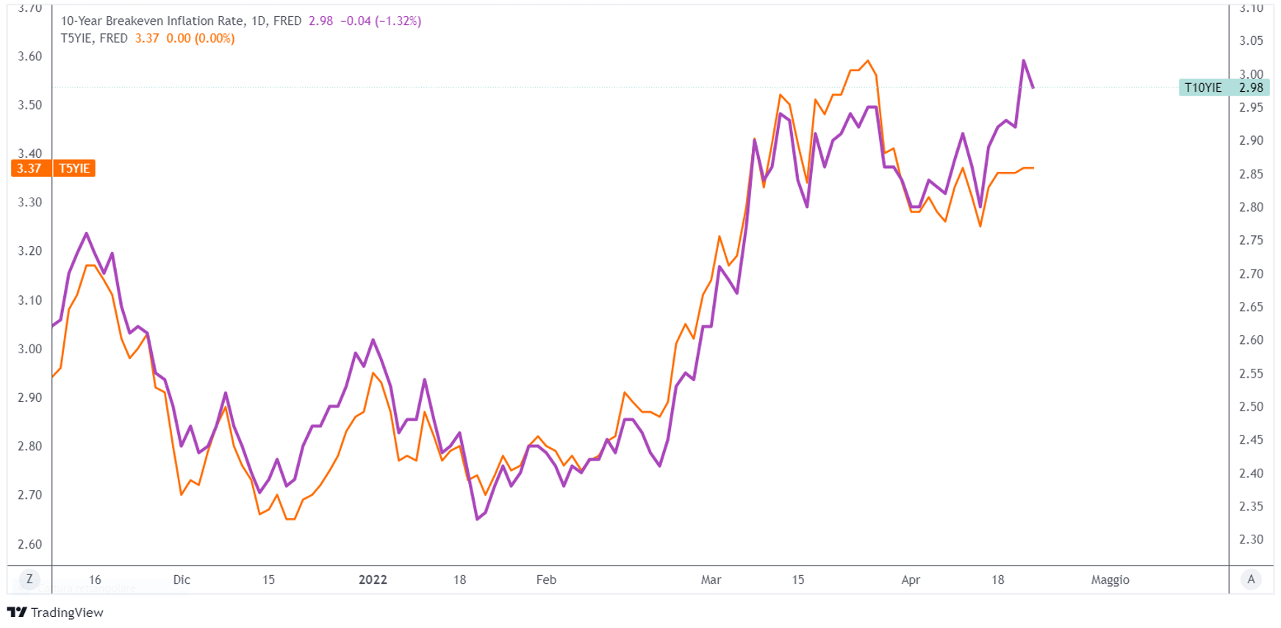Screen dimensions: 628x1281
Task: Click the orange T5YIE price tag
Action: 54,168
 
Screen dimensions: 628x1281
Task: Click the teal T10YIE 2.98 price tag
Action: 1223,87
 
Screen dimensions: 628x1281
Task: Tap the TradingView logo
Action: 55,612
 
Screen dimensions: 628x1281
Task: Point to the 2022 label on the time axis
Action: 373,580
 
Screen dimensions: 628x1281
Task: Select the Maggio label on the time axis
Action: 1110,580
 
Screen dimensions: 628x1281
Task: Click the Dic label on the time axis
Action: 182,580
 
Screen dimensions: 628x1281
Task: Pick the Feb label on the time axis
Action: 546,580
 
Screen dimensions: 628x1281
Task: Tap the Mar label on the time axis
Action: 711,580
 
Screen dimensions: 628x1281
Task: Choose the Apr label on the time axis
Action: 911,580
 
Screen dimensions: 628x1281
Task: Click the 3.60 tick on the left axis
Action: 29,57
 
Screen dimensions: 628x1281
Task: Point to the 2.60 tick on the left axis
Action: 29,544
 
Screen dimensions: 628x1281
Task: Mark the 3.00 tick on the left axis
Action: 29,349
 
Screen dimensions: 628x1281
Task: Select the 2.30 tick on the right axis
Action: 1251,539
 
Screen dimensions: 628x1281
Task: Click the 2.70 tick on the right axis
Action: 1251,274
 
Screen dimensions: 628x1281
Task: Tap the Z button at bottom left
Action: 29,579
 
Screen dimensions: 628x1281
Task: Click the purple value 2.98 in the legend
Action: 320,21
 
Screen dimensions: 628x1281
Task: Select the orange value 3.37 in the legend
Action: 147,38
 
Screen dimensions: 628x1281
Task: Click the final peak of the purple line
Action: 1024,60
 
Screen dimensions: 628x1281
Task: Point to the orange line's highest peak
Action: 868,61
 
